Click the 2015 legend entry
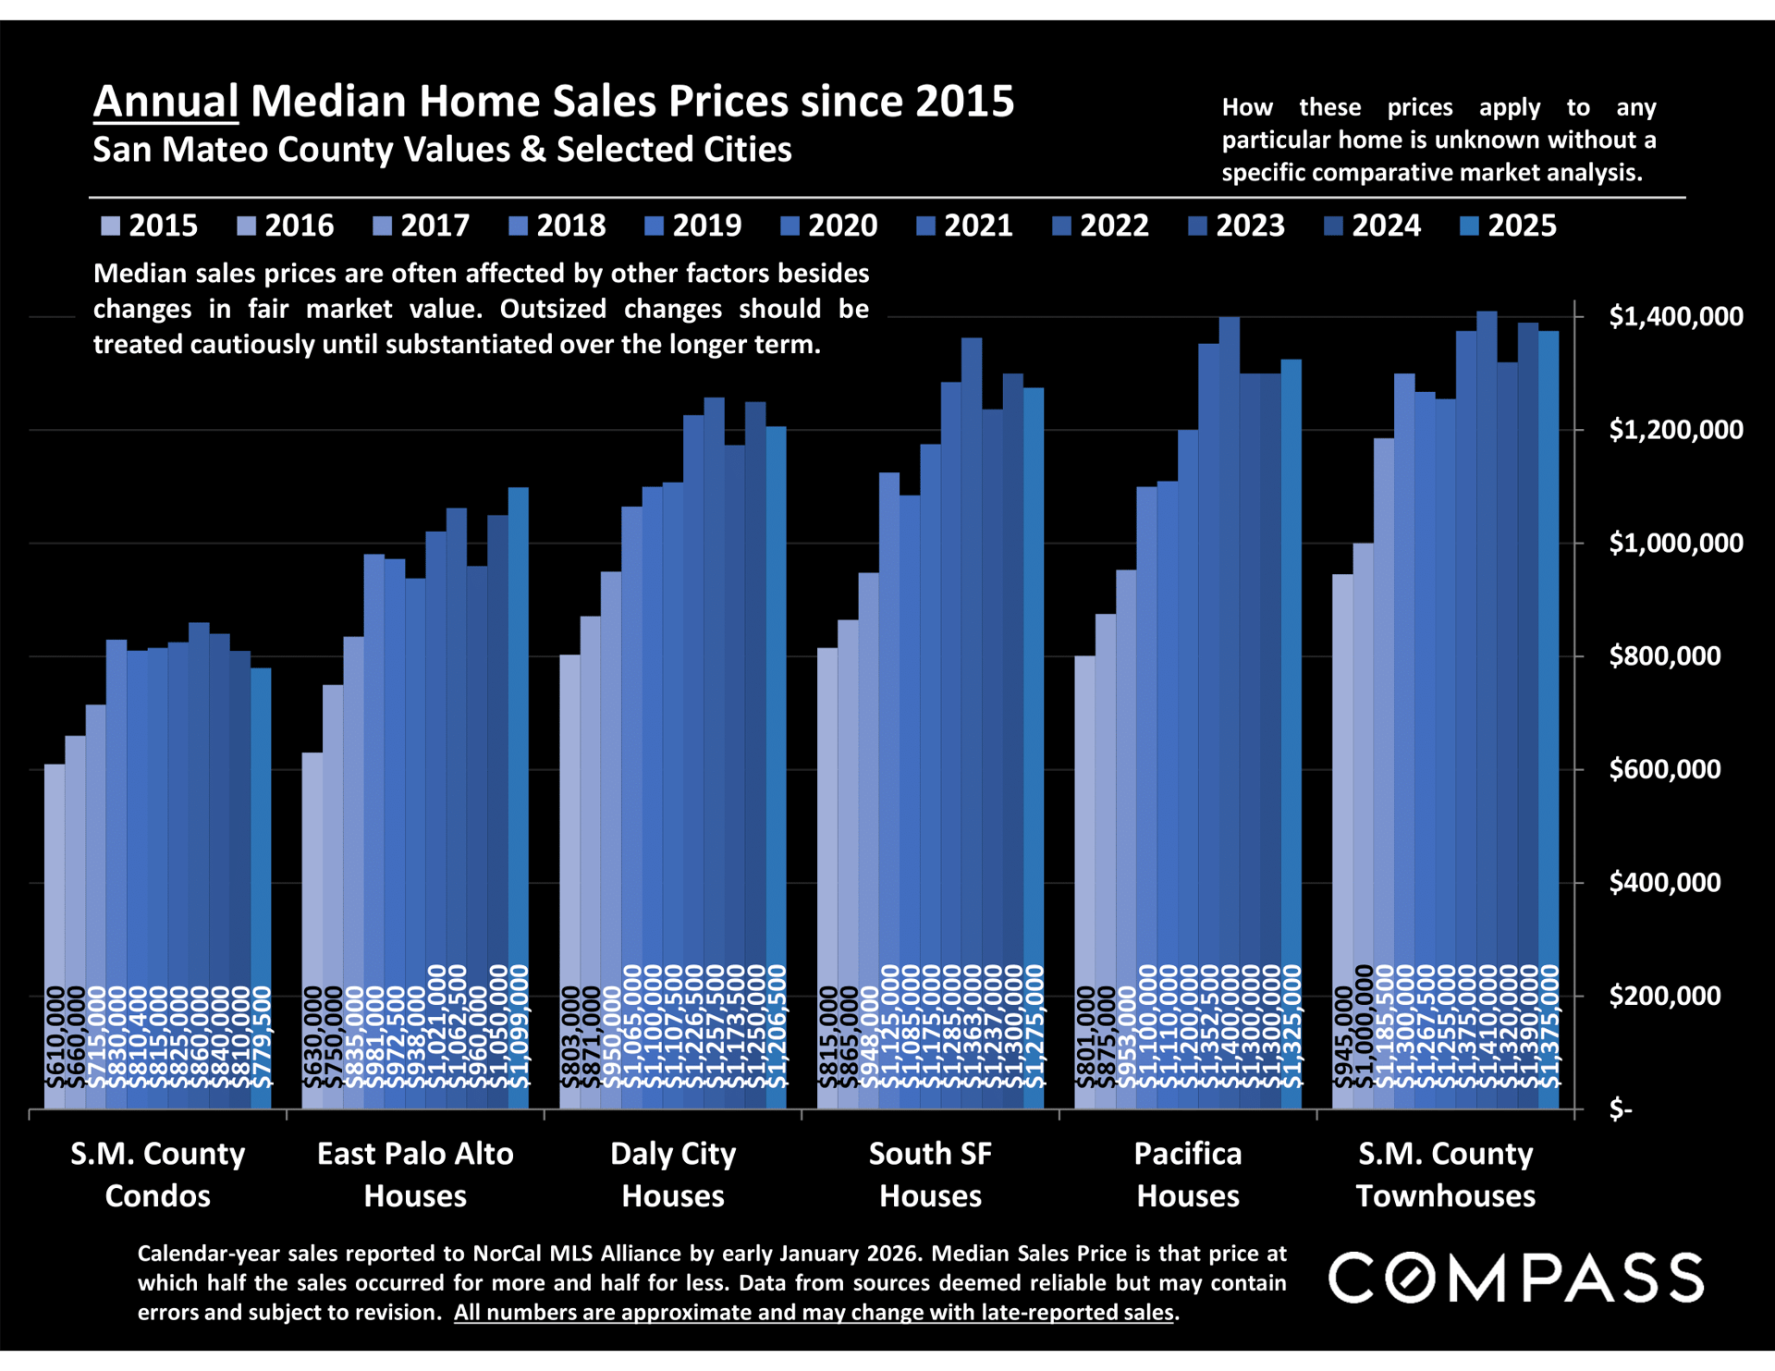point(149,226)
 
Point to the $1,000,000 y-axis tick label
point(1675,543)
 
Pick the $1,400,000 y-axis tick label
point(1675,316)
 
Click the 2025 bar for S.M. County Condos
point(261,887)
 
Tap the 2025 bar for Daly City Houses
point(776,767)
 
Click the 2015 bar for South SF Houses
point(827,878)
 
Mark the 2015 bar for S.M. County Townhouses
point(1342,841)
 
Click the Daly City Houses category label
point(673,1174)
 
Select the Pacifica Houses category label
point(1188,1174)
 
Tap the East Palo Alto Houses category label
point(415,1174)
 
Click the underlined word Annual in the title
point(166,102)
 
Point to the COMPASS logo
point(1515,1278)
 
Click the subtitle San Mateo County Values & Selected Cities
point(442,150)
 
